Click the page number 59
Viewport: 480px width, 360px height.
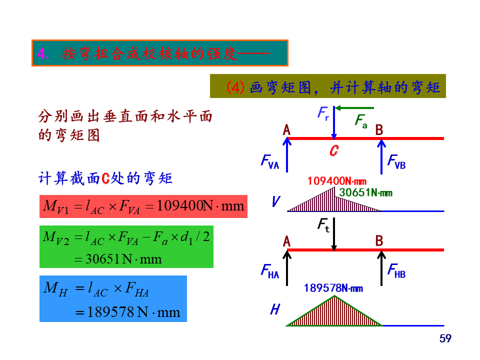(x=445, y=339)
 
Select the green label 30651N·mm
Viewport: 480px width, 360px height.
(x=365, y=192)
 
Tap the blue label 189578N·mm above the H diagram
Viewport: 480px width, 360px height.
(x=333, y=288)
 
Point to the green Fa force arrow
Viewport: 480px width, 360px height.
(x=354, y=107)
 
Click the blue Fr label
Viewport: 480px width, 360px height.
(x=323, y=113)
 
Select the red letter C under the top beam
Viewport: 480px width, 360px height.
(x=334, y=150)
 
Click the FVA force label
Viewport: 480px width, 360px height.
(x=269, y=161)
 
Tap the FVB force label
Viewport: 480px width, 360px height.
(x=396, y=161)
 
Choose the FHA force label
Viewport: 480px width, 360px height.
(x=269, y=271)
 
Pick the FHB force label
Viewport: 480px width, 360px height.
(x=396, y=271)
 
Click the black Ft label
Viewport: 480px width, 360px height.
(x=323, y=226)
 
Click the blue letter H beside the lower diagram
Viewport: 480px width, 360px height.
(x=274, y=310)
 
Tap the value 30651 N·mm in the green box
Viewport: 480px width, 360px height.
(x=118, y=259)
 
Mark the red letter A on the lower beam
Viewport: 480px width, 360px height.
(x=286, y=241)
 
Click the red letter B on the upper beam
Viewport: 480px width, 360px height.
(x=379, y=130)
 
